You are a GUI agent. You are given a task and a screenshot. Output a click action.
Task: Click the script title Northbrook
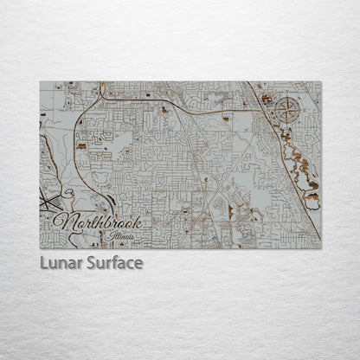pyautogui.click(x=96, y=222)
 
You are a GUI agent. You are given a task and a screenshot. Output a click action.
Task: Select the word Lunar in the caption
pyautogui.click(x=62, y=262)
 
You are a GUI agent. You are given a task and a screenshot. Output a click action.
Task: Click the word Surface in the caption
pyautogui.click(x=115, y=262)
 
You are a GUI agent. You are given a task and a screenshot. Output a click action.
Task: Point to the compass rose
pyautogui.click(x=289, y=110)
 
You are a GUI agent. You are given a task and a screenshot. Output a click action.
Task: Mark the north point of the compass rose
pyautogui.click(x=289, y=97)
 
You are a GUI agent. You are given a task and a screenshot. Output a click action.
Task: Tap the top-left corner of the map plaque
pyautogui.click(x=40, y=82)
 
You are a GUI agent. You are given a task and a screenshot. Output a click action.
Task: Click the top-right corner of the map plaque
pyautogui.click(x=321, y=82)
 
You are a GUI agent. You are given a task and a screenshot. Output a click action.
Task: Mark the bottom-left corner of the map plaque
pyautogui.click(x=40, y=248)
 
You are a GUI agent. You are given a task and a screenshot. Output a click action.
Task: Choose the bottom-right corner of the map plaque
pyautogui.click(x=321, y=248)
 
